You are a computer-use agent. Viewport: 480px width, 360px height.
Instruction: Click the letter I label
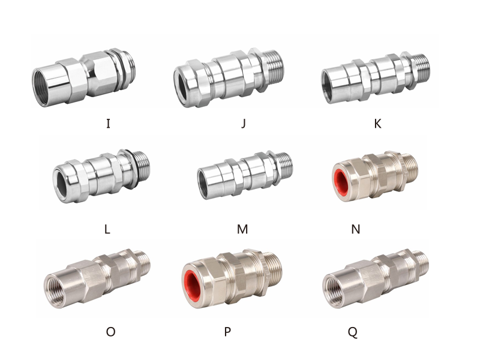point(108,124)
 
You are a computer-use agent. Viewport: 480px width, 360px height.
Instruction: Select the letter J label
point(244,124)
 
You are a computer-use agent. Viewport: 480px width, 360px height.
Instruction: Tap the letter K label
point(378,124)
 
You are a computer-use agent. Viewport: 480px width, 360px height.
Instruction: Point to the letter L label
point(107,229)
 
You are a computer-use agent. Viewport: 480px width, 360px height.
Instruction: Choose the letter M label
point(242,229)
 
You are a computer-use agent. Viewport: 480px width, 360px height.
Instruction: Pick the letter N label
point(355,229)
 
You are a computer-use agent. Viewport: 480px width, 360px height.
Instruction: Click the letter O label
point(110,332)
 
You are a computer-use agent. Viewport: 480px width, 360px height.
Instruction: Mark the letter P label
point(227,332)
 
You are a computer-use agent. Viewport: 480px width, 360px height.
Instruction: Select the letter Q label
point(352,332)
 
